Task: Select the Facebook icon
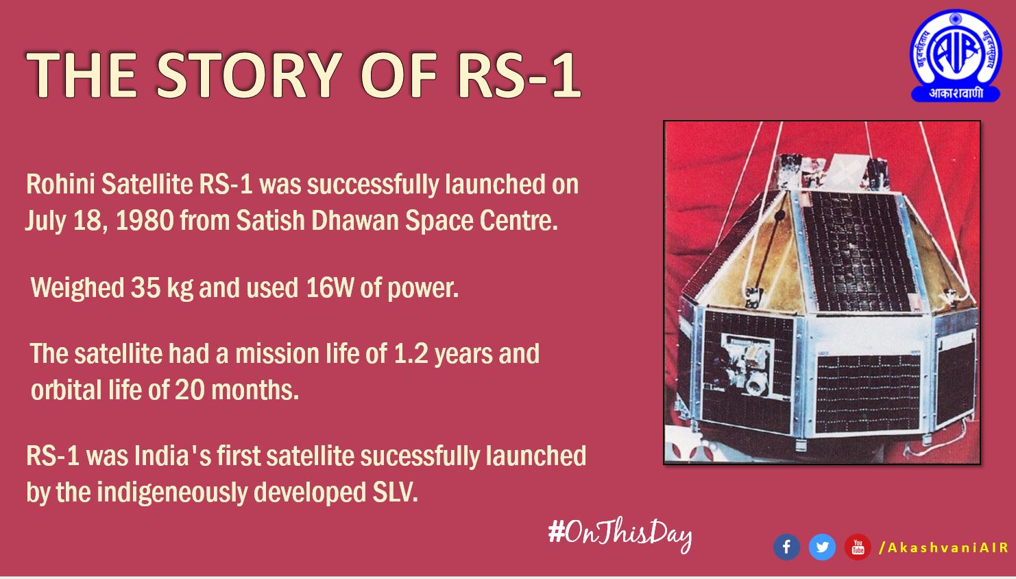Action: point(786,547)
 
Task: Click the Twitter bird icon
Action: point(822,547)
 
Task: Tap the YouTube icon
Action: point(858,547)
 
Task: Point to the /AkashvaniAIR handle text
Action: point(944,547)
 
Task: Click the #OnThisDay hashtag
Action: point(620,533)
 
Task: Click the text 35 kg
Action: point(162,288)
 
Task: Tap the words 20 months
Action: point(237,390)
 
